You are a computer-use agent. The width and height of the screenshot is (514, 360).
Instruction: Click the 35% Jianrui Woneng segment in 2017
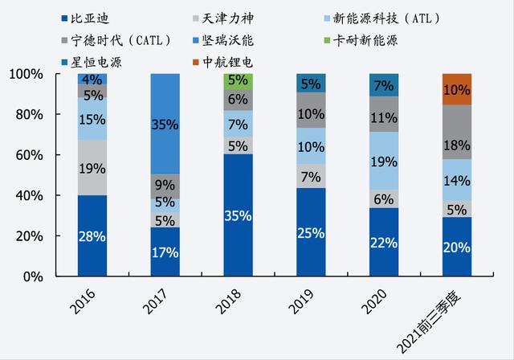[165, 125]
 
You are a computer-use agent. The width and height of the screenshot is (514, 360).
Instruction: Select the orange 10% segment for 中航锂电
[457, 89]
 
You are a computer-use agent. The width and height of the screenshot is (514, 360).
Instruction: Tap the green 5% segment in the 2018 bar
[238, 81]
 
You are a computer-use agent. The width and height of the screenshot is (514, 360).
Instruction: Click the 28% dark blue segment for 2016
[92, 235]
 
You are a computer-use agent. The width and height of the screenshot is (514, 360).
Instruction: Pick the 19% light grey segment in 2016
[92, 168]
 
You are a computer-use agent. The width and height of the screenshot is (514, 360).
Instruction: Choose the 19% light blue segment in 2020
[384, 161]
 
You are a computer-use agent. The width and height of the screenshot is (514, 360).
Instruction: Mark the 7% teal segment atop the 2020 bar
[384, 85]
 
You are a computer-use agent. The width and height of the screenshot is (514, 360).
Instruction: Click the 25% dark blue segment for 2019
[311, 232]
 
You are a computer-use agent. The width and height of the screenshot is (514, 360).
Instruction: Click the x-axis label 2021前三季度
[443, 317]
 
